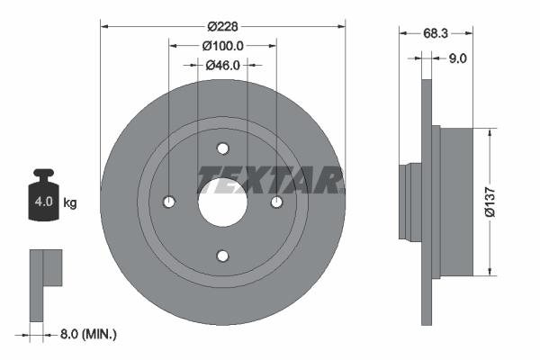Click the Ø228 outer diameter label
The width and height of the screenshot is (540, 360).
pyautogui.click(x=223, y=26)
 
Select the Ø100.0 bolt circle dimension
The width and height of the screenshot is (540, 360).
pyautogui.click(x=223, y=45)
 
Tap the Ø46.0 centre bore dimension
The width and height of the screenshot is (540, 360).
pyautogui.click(x=223, y=65)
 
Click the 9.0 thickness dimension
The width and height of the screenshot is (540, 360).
pyautogui.click(x=456, y=58)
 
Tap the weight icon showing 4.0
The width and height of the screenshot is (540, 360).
pyautogui.click(x=43, y=193)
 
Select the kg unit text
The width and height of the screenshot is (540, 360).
pyautogui.click(x=70, y=202)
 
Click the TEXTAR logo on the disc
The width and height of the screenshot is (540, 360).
pyautogui.click(x=270, y=179)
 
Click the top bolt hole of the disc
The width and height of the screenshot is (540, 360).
pyautogui.click(x=223, y=148)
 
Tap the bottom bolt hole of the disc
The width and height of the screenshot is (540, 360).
pyautogui.click(x=223, y=255)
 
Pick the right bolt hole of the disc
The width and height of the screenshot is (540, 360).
pyautogui.click(x=276, y=202)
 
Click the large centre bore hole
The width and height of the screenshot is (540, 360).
pyautogui.click(x=223, y=202)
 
